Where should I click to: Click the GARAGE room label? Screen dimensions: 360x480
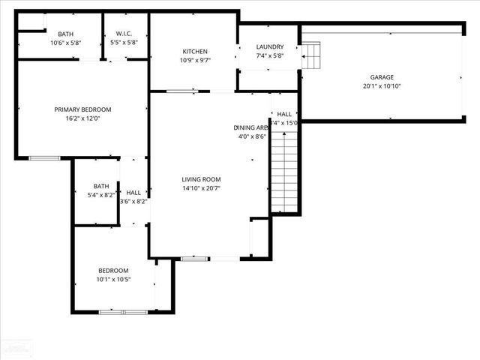click(x=381, y=77)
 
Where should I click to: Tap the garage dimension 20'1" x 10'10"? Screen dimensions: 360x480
click(x=381, y=86)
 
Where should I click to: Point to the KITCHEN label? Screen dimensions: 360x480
click(x=195, y=52)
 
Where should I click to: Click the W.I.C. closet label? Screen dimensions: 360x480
click(x=124, y=34)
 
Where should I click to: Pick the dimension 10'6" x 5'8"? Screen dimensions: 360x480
click(x=65, y=43)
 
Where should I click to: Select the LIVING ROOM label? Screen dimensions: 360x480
click(x=201, y=179)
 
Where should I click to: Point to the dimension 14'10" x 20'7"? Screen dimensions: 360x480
click(x=201, y=188)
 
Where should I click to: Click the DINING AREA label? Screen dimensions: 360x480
click(x=250, y=127)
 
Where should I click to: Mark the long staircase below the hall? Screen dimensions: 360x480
click(x=284, y=170)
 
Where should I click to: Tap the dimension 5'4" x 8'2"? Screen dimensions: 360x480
click(x=100, y=196)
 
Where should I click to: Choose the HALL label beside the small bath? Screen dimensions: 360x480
click(x=133, y=193)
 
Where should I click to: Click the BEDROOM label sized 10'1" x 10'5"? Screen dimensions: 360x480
click(x=113, y=271)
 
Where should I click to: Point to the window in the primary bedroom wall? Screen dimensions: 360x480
click(x=44, y=158)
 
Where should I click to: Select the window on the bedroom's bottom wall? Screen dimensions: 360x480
click(x=124, y=311)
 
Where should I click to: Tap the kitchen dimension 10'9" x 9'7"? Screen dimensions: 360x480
click(x=195, y=61)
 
